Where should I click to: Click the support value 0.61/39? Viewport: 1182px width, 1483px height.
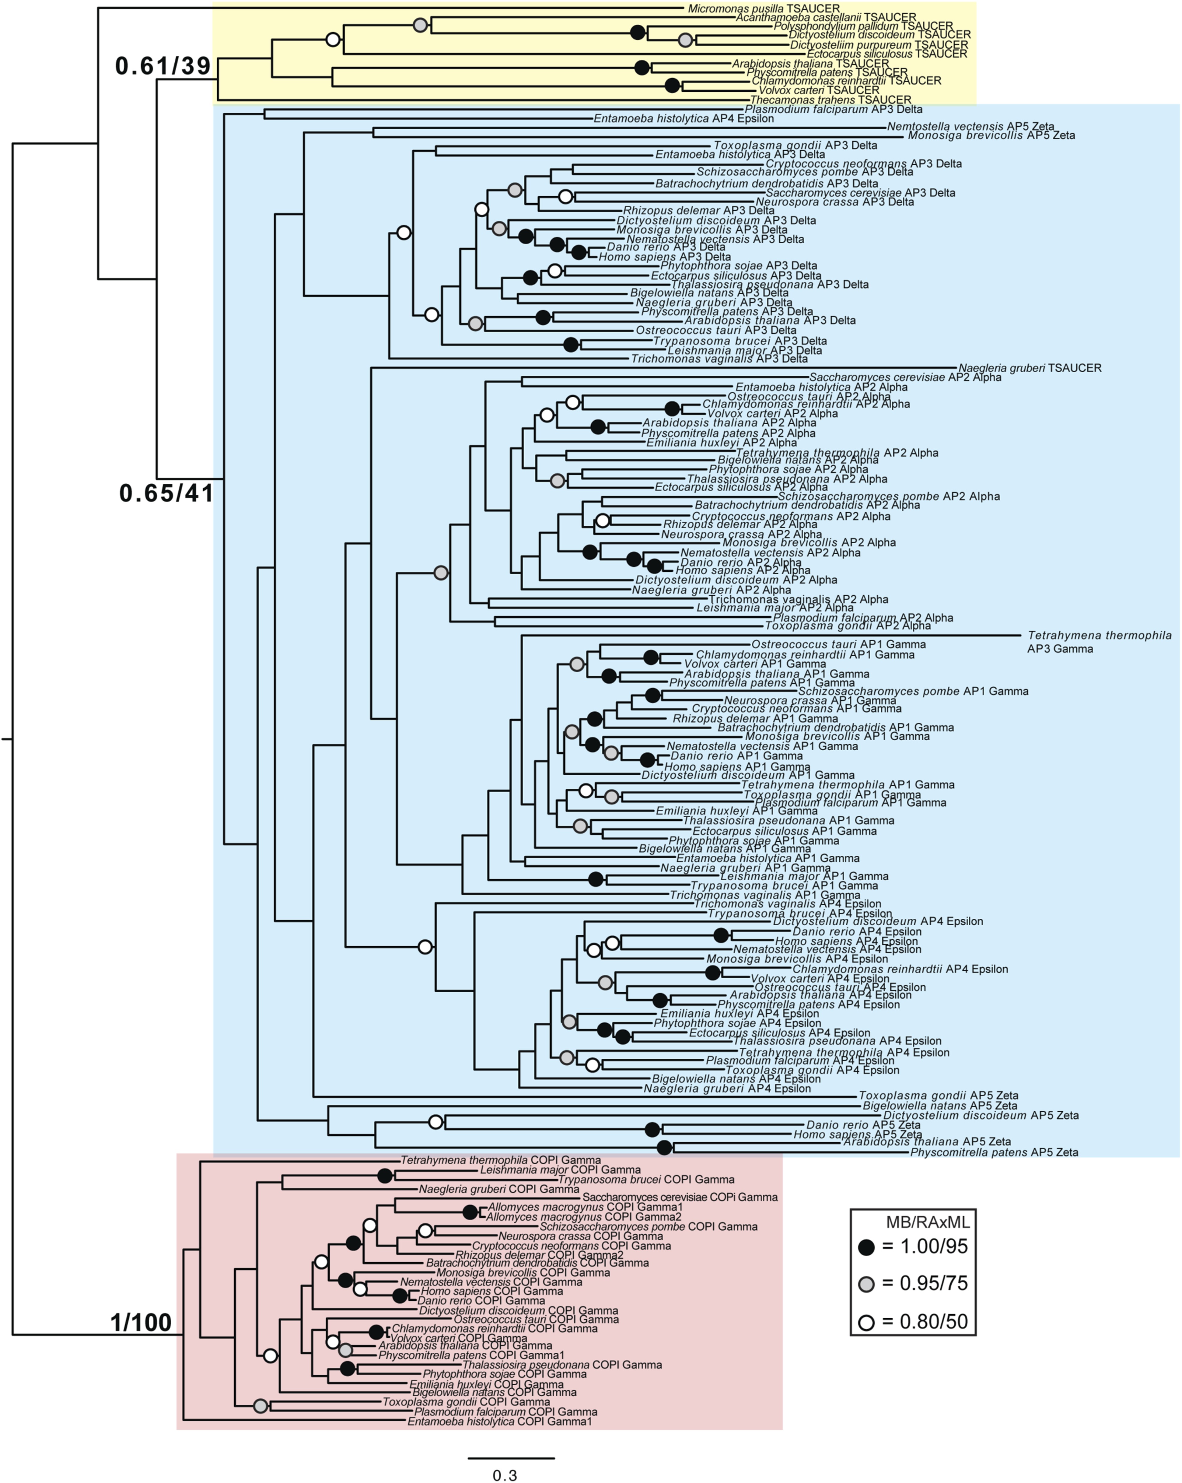(163, 66)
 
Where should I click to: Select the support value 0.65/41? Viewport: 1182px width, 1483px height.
(166, 493)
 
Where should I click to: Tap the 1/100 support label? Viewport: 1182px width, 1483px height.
(141, 1322)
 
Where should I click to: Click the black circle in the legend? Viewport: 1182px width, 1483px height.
(866, 1247)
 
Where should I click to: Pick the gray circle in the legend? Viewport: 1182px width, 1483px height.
(866, 1284)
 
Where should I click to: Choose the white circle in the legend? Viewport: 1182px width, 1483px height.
(866, 1322)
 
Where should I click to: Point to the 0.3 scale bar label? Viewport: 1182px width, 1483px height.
(505, 1475)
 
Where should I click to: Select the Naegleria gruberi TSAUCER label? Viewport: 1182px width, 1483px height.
(1029, 368)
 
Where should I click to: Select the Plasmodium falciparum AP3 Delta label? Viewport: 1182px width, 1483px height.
(833, 109)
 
